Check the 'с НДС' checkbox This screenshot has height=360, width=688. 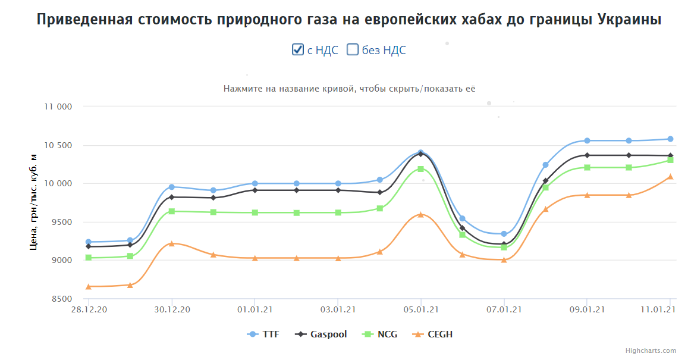298,50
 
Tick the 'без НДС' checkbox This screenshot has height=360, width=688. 353,50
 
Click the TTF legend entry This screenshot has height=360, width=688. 263,334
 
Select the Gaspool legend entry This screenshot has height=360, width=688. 322,334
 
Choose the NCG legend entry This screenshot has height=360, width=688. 381,334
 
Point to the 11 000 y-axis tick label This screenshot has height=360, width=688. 58,107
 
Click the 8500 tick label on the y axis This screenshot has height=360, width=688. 61,299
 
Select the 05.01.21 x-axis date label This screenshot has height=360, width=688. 421,309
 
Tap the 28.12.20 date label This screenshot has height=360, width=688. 89,309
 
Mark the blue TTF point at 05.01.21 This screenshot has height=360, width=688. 421,152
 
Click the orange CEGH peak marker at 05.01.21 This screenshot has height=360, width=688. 421,214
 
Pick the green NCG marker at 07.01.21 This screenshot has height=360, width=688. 504,246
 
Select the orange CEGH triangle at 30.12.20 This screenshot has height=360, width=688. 172,243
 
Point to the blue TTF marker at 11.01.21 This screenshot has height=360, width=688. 670,139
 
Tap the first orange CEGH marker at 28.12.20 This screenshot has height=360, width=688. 89,286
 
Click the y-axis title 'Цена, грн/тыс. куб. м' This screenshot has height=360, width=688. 34,202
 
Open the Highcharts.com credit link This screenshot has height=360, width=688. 651,350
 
